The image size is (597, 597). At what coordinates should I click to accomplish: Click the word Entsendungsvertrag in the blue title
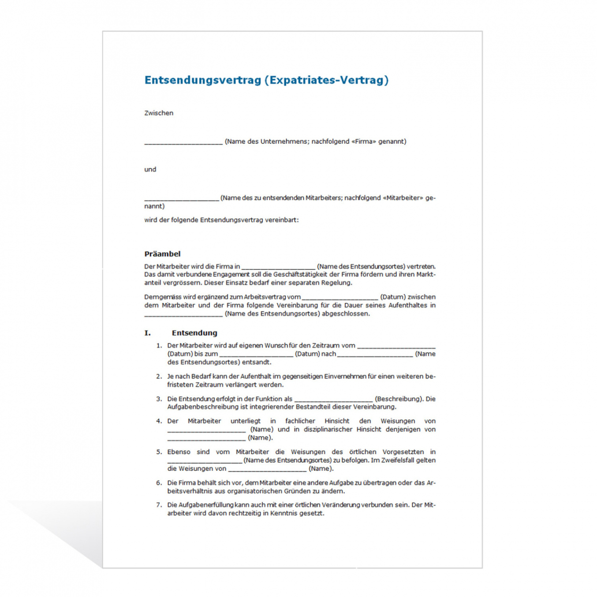pos(203,80)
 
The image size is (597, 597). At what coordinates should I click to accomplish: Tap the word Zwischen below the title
pos(159,113)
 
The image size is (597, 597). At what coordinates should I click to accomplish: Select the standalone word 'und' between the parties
pos(150,170)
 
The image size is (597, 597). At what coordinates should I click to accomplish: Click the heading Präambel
pos(162,254)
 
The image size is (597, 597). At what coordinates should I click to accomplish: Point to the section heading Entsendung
pos(194,333)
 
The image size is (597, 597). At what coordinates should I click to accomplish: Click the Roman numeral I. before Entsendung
pos(148,333)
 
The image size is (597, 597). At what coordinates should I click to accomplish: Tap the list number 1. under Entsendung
pos(159,346)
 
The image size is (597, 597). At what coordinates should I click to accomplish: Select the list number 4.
pos(159,421)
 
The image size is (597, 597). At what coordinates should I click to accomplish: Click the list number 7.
pos(159,505)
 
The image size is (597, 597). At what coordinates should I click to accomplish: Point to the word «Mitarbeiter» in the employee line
pos(403,198)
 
